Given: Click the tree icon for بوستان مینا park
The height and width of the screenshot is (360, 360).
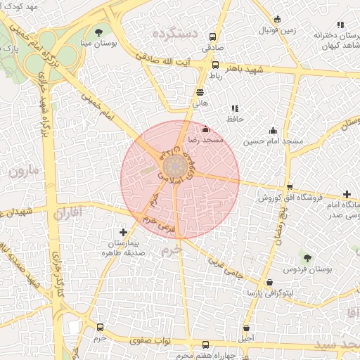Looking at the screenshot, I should click(98, 32).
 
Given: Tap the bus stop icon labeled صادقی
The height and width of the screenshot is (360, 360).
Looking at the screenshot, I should click(214, 37).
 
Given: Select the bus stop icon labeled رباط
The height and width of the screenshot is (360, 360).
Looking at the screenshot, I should click(215, 65).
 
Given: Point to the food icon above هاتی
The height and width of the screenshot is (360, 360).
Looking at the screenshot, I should click(200, 91).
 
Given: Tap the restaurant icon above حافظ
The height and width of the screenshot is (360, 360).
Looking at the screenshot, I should click(234, 108).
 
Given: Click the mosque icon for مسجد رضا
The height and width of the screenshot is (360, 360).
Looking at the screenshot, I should click(205, 129).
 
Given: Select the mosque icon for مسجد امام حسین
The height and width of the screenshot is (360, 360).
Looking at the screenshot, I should click(273, 130).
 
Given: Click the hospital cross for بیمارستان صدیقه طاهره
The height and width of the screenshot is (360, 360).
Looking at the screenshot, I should click(124, 231).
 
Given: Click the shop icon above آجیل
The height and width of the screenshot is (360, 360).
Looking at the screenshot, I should click(246, 328).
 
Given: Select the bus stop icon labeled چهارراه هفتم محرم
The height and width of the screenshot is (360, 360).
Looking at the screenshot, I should click(205, 345).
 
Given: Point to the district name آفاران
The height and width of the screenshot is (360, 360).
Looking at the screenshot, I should click(67, 211).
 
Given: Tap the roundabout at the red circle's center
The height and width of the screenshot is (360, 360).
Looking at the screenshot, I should click(175, 167).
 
